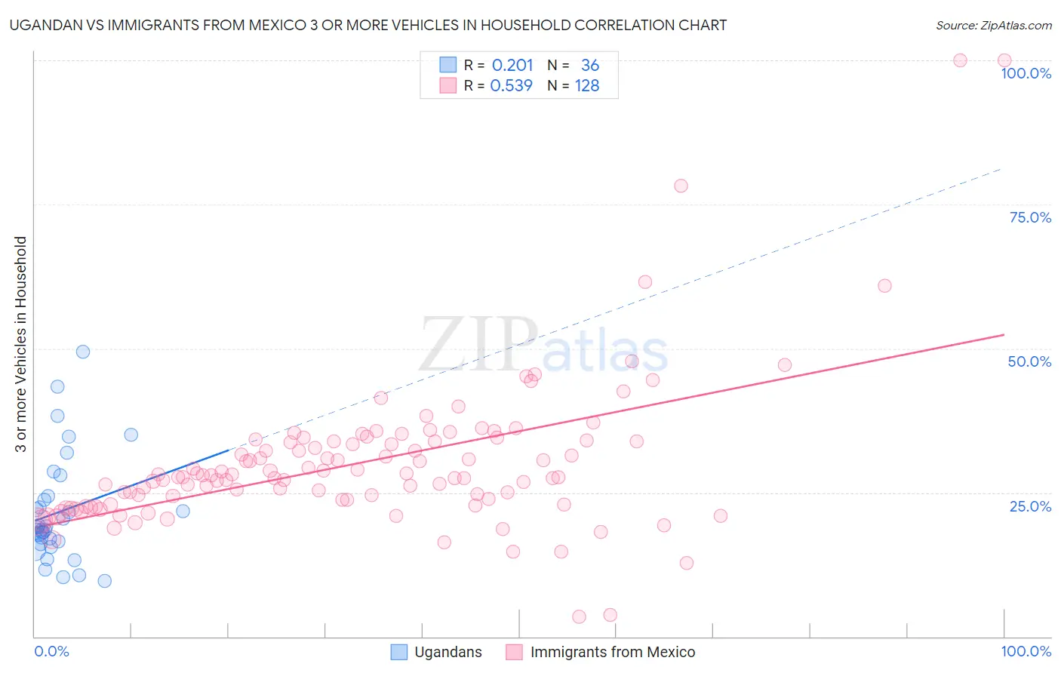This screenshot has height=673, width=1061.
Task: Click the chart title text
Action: (368, 25)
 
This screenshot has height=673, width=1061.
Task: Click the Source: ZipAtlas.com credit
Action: (993, 25)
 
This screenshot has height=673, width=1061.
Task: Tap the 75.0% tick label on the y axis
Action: (1030, 217)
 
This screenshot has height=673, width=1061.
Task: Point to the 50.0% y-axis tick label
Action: (1029, 361)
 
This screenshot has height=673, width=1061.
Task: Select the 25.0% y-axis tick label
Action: (1030, 506)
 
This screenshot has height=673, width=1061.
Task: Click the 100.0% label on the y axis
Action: (1026, 73)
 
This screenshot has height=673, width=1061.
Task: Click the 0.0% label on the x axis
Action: (51, 651)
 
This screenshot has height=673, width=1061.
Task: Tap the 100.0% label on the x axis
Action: (1026, 651)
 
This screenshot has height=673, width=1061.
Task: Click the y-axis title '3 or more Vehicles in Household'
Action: (21, 344)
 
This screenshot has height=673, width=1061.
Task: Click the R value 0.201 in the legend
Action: (512, 66)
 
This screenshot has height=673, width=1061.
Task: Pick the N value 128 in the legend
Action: (587, 86)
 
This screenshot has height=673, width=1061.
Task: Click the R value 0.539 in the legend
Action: (512, 86)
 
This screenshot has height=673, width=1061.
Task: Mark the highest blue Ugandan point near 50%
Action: (83, 352)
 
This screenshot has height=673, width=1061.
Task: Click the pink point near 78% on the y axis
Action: (681, 186)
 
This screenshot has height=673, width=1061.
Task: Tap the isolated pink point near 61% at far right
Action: (884, 286)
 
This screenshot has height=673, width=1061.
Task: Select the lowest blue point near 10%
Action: (105, 581)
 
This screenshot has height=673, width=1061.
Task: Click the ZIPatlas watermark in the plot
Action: (543, 346)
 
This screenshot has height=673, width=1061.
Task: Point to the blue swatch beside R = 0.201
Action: (448, 65)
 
